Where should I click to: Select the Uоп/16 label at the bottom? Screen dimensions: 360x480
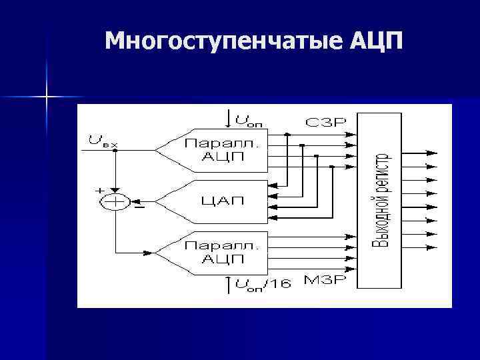click(263, 284)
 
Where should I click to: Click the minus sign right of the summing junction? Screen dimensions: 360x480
click(139, 207)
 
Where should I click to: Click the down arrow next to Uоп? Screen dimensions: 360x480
click(229, 119)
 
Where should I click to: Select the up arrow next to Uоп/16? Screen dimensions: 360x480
click(229, 283)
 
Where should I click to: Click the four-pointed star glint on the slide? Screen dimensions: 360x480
click(47, 97)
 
